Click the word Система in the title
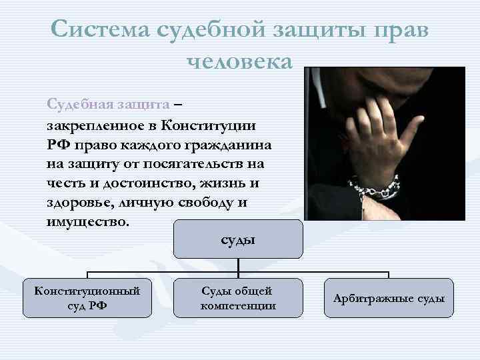101,29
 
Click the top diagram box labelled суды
238,239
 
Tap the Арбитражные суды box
389,298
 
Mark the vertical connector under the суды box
239,267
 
